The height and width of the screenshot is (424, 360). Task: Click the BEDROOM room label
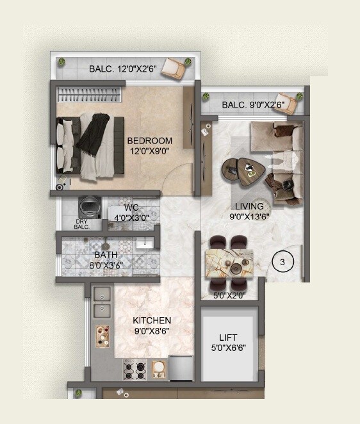pyautogui.click(x=149, y=141)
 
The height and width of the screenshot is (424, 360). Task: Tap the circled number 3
pyautogui.click(x=282, y=261)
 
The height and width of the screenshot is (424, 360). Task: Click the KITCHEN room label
pyautogui.click(x=152, y=320)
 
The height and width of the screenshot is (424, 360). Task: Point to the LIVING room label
pyautogui.click(x=249, y=206)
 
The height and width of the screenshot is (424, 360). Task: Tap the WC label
pyautogui.click(x=132, y=208)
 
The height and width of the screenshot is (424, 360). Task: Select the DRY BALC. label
pyautogui.click(x=81, y=224)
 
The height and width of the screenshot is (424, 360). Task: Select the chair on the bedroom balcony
pyautogui.click(x=173, y=67)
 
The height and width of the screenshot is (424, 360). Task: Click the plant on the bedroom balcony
pyautogui.click(x=62, y=63)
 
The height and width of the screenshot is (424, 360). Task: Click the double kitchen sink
pyautogui.click(x=101, y=302)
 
